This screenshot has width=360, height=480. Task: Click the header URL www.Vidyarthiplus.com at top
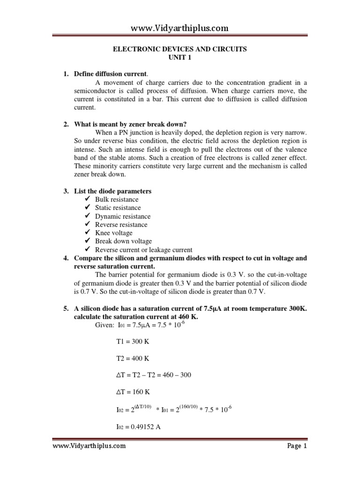click(x=180, y=28)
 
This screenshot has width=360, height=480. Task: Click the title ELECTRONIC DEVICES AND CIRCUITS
click(x=180, y=49)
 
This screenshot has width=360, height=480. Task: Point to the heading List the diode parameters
click(x=113, y=191)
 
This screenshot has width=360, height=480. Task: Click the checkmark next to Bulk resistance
click(x=87, y=200)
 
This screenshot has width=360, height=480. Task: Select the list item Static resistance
click(x=118, y=208)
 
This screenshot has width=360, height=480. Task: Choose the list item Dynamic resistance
click(x=123, y=216)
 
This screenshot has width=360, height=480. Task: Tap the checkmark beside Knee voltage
click(x=87, y=233)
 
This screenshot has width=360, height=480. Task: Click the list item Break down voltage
click(x=123, y=241)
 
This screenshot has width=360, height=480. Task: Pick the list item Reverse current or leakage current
click(x=143, y=250)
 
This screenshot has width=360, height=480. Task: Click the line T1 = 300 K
click(x=132, y=342)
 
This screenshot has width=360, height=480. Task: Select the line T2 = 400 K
click(x=132, y=359)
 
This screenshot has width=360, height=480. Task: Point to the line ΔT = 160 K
click(x=132, y=392)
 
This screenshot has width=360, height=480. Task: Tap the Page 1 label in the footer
click(x=297, y=446)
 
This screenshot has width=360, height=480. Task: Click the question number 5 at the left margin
click(x=66, y=308)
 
